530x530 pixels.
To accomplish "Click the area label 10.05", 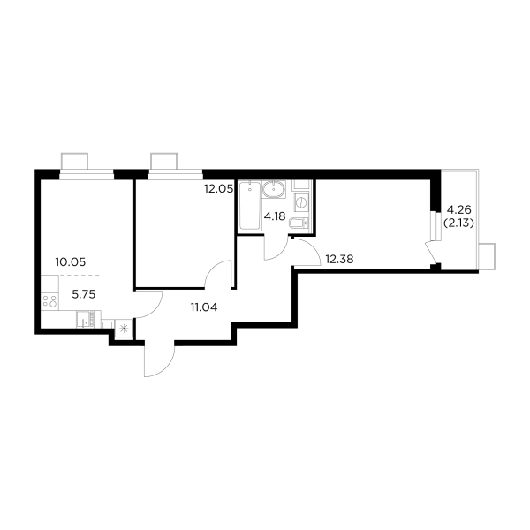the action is click(71, 262).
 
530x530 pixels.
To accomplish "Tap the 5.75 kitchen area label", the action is click(84, 294).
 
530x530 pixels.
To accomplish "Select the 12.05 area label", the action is click(219, 189).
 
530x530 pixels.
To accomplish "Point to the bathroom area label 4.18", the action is click(275, 216).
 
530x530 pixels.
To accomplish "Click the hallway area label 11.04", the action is click(204, 307).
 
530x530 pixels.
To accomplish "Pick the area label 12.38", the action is click(339, 259).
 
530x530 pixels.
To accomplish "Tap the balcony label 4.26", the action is click(459, 210).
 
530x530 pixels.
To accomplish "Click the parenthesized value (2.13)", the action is click(458, 223).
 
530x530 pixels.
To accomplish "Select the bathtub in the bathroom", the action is click(250, 206).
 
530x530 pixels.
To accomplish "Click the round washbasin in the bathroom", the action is click(274, 189).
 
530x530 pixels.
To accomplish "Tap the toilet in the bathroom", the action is click(299, 223).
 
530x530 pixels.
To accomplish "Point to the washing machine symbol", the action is click(301, 202).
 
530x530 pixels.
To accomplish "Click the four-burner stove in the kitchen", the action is click(50, 301).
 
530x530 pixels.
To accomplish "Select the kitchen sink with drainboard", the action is click(88, 320).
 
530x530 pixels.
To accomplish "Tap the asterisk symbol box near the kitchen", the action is click(124, 328).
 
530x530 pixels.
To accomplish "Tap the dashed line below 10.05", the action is click(79, 275).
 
